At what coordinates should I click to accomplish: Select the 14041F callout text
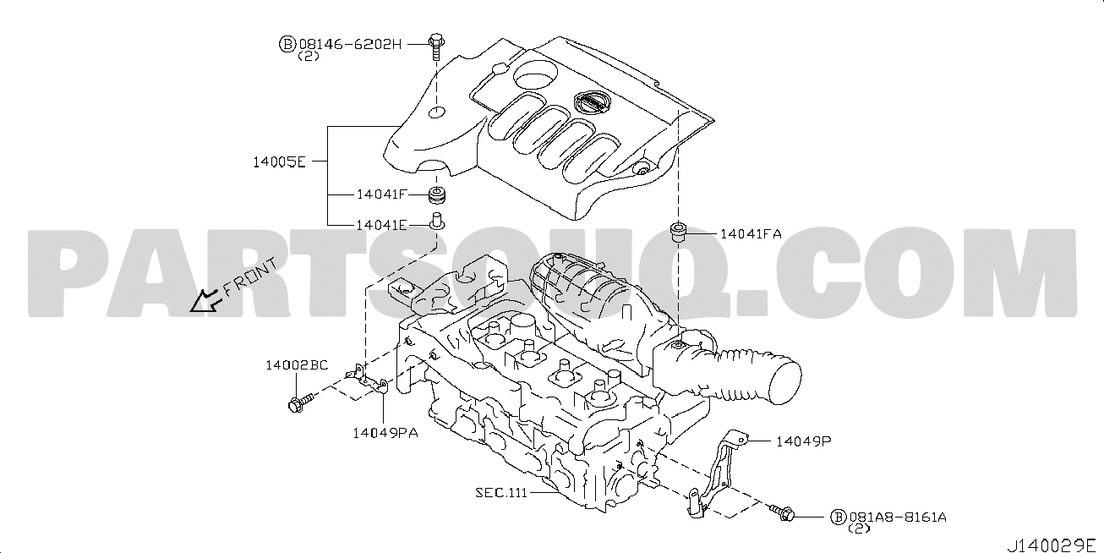[382, 194]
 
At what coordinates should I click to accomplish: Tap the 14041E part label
[382, 225]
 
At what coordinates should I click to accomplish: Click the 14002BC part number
[296, 365]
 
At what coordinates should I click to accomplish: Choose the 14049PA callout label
[385, 433]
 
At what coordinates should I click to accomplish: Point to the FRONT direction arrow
[202, 302]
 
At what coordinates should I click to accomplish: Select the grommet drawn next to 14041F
[437, 199]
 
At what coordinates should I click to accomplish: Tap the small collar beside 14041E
[437, 222]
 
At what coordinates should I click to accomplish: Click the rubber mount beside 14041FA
[677, 231]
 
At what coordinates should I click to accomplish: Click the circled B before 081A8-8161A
[838, 517]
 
